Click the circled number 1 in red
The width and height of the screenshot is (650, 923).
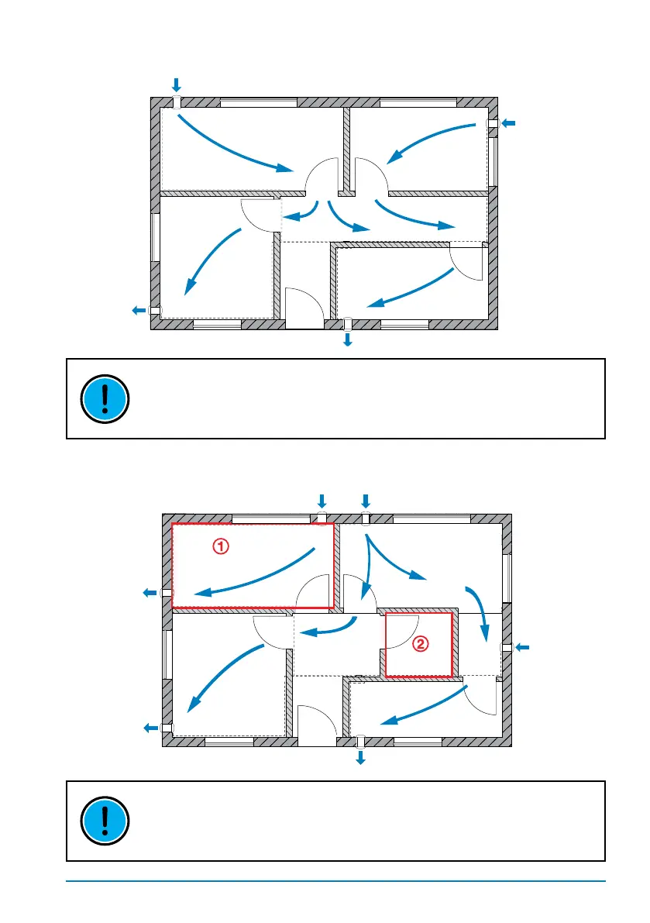pos(221,546)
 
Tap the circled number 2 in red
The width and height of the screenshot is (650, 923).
pos(419,642)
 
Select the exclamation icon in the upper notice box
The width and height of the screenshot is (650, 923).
pos(105,398)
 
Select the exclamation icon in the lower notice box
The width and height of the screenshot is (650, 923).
pos(105,821)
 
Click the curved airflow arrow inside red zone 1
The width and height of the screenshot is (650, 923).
pos(256,577)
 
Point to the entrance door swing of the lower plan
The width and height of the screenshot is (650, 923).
pos(315,725)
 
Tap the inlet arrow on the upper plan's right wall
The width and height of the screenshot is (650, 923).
pos(507,123)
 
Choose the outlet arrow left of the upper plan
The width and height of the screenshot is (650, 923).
pos(138,310)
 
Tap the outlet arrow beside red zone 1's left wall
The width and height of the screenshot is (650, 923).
pos(150,593)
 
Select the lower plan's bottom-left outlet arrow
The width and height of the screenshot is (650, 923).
pos(150,727)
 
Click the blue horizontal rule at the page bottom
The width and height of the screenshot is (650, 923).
pos(335,880)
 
